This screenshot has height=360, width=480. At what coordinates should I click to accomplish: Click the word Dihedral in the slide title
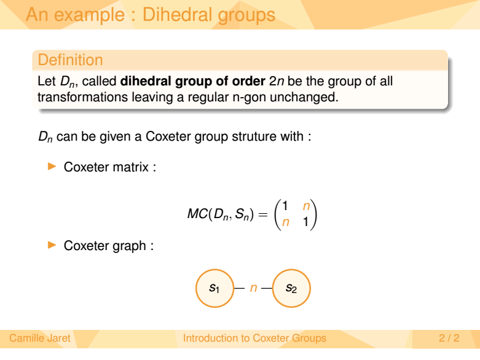tap(177, 14)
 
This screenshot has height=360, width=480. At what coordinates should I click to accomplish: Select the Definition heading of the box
tap(71, 60)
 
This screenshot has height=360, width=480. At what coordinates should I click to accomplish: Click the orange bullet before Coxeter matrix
tap(52, 166)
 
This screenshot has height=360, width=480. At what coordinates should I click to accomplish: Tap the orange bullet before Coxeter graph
tap(52, 245)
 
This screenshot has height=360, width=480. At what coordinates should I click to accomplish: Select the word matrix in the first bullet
tap(131, 167)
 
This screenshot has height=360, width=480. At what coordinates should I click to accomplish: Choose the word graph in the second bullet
tap(129, 246)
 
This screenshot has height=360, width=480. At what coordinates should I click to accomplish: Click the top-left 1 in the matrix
tap(285, 206)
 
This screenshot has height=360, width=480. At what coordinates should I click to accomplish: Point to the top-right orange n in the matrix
tap(306, 206)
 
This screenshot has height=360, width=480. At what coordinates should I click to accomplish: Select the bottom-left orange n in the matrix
tap(285, 222)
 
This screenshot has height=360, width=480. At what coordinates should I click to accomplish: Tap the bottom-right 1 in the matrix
tap(305, 221)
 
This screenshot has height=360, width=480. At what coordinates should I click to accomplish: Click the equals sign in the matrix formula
tap(263, 214)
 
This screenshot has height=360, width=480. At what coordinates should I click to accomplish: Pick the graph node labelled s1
tap(214, 288)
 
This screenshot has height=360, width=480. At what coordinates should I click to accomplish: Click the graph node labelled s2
tap(291, 288)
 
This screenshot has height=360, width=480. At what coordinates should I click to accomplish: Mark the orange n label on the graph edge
tap(253, 288)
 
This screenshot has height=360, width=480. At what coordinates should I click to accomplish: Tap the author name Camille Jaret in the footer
tap(40, 338)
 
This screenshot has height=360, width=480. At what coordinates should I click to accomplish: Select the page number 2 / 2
tap(449, 338)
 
